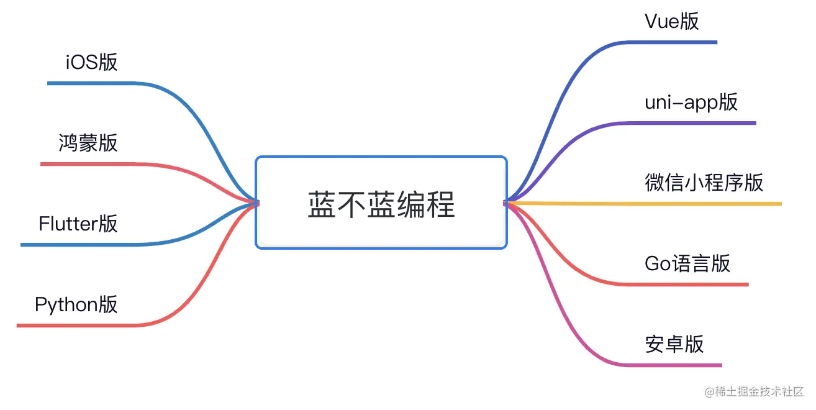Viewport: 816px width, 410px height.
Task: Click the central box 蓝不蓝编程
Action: pos(381,203)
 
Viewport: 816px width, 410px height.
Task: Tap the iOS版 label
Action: pos(91,63)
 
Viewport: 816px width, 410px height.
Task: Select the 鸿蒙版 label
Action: pos(88,143)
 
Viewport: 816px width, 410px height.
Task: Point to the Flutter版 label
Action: pos(78,224)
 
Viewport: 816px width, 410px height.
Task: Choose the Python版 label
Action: pos(76,304)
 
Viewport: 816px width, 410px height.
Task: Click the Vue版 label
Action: pos(672,22)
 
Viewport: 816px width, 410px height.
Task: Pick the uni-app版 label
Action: pos(691,102)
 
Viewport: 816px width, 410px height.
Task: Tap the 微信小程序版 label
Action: pos(704,183)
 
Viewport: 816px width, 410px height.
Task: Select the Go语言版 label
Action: pos(687,263)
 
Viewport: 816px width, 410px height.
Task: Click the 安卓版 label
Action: pos(674,344)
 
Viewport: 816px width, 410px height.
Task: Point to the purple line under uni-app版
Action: pos(696,123)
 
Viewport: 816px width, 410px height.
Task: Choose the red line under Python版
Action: pos(75,325)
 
